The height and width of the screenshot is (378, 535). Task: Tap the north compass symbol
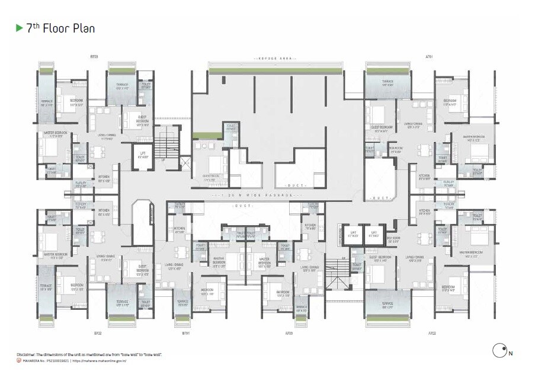[x=500, y=351]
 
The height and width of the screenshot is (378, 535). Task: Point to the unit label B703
[x=94, y=57]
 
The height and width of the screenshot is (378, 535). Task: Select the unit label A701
[x=429, y=57]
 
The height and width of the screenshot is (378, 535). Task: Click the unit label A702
[x=432, y=334]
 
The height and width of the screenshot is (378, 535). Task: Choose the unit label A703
[x=289, y=334]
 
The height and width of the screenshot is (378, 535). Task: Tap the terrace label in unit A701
[x=387, y=82]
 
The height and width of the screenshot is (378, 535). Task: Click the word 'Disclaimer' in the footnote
[x=30, y=354]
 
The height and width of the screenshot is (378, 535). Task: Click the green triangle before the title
[x=19, y=28]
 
